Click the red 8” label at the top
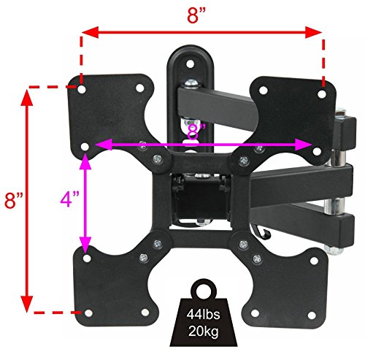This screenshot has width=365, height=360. pos(196,15)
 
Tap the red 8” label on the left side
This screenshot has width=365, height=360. pos(14,200)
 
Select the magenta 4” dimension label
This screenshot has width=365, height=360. pos(70,199)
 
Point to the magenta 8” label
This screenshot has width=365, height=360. pos(196,131)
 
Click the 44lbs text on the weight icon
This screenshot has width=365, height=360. pos(203,314)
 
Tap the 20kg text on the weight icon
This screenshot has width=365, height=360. pos(204,331)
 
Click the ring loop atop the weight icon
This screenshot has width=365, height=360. pos(204,289)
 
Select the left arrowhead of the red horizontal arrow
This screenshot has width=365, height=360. pos(91,32)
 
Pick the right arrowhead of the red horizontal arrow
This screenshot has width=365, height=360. pos(314,32)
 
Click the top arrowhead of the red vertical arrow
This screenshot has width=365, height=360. pos(27,97)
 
